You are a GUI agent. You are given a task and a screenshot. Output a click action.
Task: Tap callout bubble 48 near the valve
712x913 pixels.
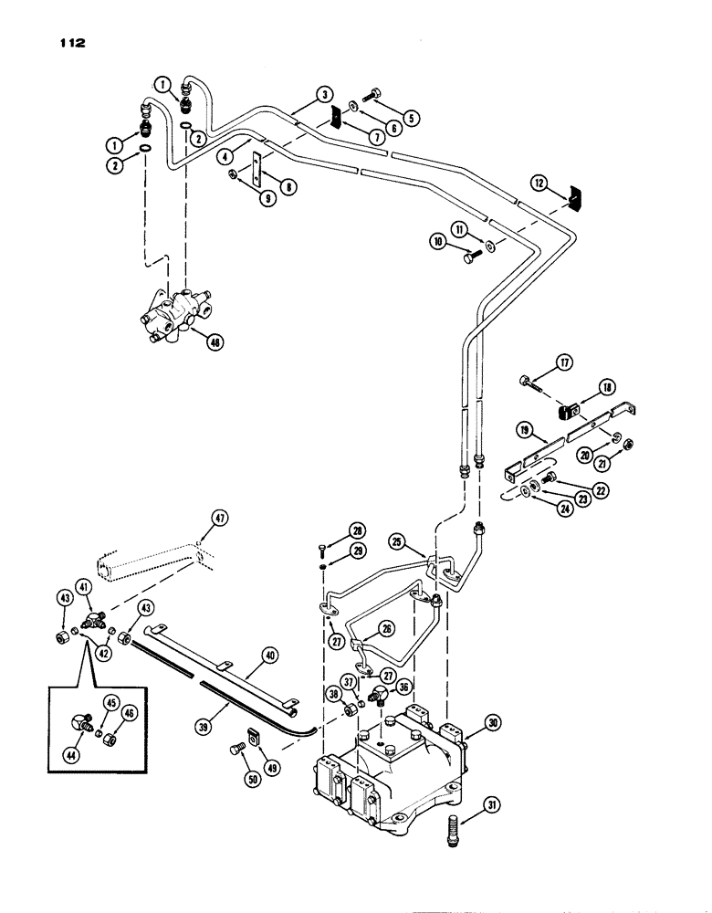pos(217,343)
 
